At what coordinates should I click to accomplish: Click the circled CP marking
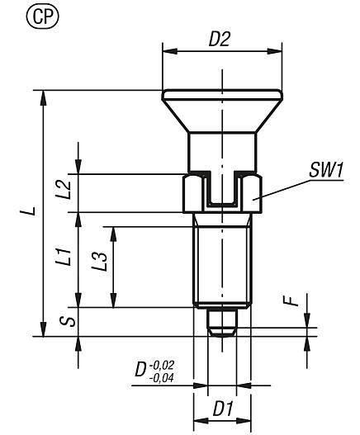coord(19,16)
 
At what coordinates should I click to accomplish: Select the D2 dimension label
coord(218,39)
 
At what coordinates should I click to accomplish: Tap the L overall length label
coord(27,212)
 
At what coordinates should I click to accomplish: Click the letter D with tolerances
coord(141,369)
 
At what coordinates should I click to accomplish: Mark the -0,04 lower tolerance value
coord(163,377)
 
